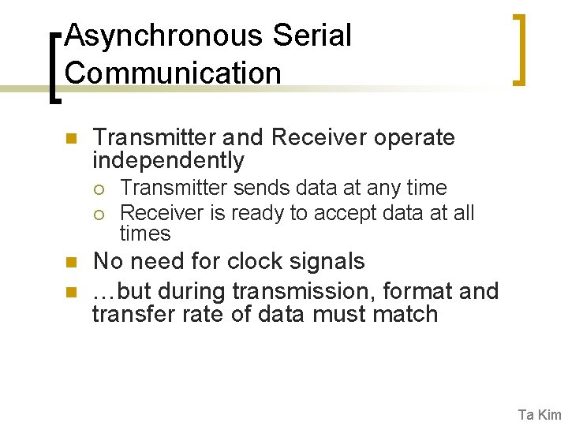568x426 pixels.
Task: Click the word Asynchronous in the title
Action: coord(164,36)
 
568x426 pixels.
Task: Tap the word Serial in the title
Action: coord(312,36)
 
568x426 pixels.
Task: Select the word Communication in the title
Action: coord(173,73)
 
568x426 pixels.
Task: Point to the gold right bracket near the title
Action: coord(518,48)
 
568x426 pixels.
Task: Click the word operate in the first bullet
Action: coord(414,137)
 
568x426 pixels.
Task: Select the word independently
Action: coord(168,160)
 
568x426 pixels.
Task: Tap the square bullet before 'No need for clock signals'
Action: coord(69,263)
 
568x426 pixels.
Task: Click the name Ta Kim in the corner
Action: coord(539,414)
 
